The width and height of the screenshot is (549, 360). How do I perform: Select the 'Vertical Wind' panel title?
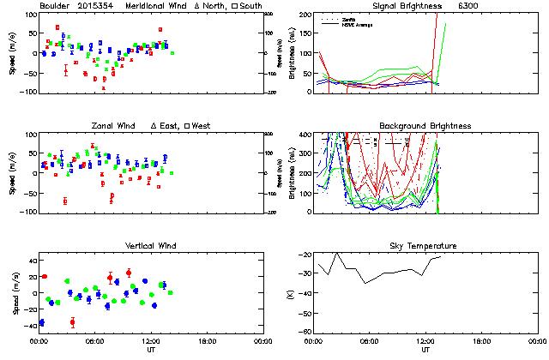pyautogui.click(x=148, y=246)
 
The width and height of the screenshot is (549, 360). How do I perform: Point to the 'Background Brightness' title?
pyautogui.click(x=425, y=126)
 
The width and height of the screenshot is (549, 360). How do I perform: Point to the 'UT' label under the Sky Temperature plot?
pyautogui.click(x=425, y=350)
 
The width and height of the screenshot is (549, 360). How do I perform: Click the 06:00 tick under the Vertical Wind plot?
pyautogui.click(x=95, y=341)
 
